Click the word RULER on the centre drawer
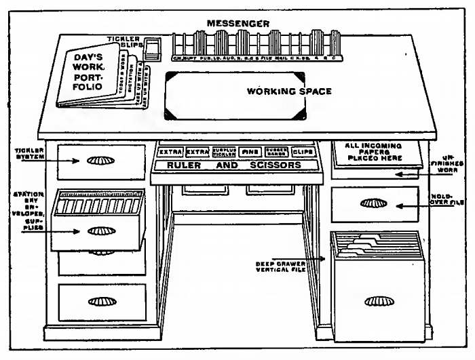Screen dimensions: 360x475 pyautogui.click(x=184, y=165)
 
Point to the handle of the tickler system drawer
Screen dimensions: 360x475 pyautogui.click(x=101, y=162)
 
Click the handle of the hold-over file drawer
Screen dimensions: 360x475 pyautogui.click(x=375, y=203)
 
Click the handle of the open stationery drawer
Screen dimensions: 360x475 pyautogui.click(x=100, y=231)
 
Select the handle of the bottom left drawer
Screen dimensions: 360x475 pyautogui.click(x=101, y=300)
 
